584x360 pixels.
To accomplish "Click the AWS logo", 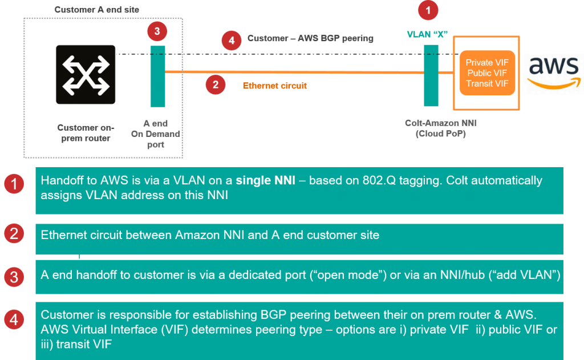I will click(x=553, y=72).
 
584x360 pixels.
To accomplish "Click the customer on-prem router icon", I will click(x=85, y=75).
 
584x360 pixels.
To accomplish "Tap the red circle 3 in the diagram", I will click(x=157, y=31).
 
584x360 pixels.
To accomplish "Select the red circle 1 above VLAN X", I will click(x=429, y=10).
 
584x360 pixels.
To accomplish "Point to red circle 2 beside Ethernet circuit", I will click(x=215, y=84).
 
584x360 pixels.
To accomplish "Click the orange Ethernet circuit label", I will click(x=275, y=86).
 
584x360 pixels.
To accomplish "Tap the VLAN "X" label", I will click(x=427, y=34).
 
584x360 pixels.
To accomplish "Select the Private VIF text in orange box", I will click(x=486, y=63).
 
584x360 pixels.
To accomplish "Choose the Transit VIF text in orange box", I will click(x=486, y=83).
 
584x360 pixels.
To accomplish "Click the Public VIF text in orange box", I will click(x=486, y=73).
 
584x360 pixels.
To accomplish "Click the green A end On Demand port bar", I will click(x=157, y=76).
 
